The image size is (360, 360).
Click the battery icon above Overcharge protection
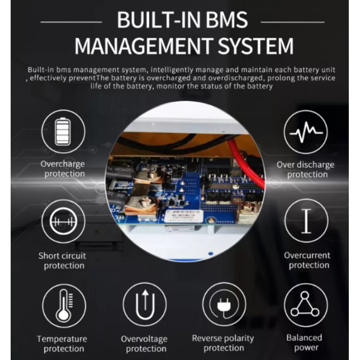(x=63, y=132)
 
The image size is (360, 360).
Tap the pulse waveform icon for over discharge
(x=306, y=132)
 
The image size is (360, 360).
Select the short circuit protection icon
(x=63, y=221)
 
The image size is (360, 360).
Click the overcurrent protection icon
(x=306, y=221)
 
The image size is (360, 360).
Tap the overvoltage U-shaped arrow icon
(x=145, y=304)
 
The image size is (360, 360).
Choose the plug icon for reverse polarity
(x=224, y=304)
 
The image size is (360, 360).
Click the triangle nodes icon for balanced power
(x=306, y=305)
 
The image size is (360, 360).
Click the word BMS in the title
(x=227, y=20)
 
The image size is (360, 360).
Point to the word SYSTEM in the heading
(x=255, y=46)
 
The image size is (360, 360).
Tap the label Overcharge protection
(x=63, y=169)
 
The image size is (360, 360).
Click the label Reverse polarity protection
(x=223, y=343)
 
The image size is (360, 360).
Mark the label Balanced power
(x=305, y=342)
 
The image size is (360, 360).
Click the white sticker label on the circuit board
(x=184, y=216)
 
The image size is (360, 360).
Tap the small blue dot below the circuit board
(x=211, y=254)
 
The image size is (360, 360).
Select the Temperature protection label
(x=62, y=343)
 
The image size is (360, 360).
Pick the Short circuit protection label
(x=62, y=261)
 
